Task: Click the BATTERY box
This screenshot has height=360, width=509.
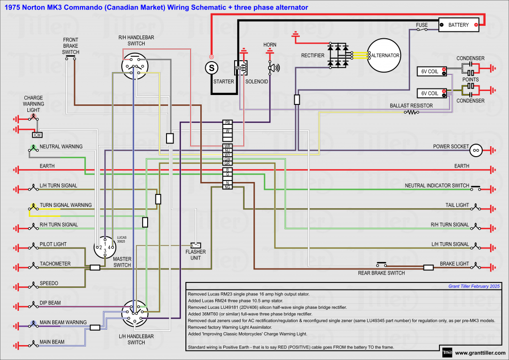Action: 458,25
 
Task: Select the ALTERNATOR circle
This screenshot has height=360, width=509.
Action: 384,55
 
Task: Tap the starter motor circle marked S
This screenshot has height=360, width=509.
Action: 212,67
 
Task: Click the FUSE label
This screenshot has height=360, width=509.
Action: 422,24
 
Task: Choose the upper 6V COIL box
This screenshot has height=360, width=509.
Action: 430,72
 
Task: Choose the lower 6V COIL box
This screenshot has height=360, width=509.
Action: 430,93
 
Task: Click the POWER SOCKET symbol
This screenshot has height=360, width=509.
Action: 476,149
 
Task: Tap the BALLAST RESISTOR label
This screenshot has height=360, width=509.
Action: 411,105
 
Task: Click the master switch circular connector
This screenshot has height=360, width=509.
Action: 105,247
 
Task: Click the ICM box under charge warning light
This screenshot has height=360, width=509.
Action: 37,135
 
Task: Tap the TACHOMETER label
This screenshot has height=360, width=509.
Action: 55,264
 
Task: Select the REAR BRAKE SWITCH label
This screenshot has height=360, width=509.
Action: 381,273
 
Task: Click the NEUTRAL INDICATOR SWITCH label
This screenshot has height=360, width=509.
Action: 437,185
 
